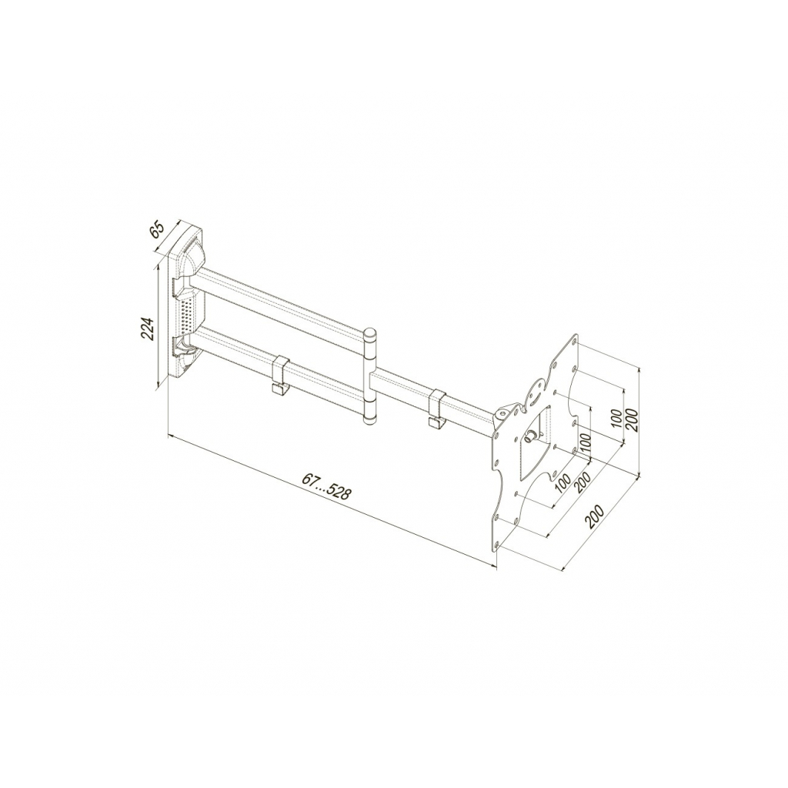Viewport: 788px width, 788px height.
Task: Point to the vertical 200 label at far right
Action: pyautogui.click(x=633, y=419)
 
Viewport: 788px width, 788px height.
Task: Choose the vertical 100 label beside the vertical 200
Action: pyautogui.click(x=616, y=418)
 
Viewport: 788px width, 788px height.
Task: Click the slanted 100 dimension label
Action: pyautogui.click(x=563, y=482)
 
